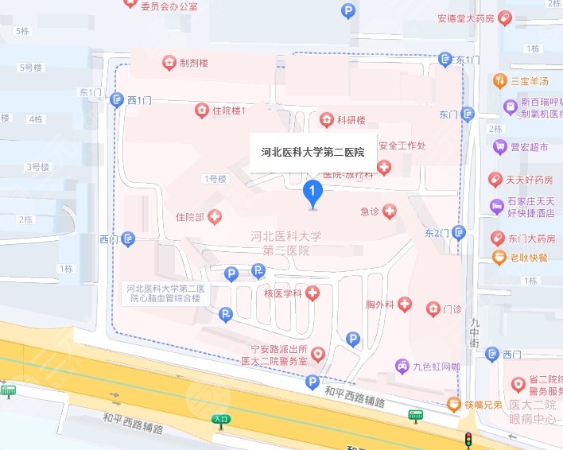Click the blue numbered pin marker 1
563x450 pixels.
[x=313, y=192]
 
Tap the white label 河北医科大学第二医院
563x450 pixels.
[x=313, y=152]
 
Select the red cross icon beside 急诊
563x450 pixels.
[x=390, y=211]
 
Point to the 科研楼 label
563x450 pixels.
[x=351, y=120]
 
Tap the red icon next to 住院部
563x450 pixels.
[x=215, y=216]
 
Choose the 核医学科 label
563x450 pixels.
[x=283, y=294]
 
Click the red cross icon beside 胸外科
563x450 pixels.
[x=405, y=304]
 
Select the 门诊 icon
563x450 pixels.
[x=433, y=308]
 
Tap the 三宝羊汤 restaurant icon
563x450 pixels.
[x=499, y=80]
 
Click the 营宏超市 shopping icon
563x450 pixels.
[x=499, y=146]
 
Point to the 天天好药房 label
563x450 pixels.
[x=530, y=179]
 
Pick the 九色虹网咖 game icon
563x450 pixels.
[x=402, y=366]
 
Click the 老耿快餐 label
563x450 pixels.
[x=528, y=257]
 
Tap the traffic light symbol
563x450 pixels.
[x=468, y=439]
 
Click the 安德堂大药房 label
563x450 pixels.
[x=477, y=17]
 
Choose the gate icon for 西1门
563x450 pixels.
[x=117, y=99]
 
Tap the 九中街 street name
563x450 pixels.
[x=475, y=331]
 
